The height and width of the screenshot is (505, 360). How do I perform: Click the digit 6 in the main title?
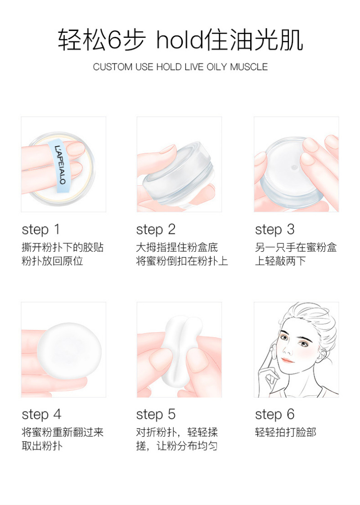pos(114,40)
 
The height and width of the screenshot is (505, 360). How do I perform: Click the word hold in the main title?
pos(180,40)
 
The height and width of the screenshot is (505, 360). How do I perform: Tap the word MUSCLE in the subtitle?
pos(249,67)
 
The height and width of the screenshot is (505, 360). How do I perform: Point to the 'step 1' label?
pos(41,230)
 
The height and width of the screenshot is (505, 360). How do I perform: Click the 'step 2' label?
pos(156,230)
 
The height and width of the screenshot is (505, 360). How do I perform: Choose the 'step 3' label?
pos(275,230)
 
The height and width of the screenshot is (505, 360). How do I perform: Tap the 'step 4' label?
pos(41,415)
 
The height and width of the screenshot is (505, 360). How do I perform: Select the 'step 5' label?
pos(156,415)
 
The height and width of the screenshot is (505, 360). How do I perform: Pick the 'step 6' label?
pos(275,415)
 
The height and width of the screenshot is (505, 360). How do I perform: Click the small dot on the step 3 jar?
pos(294,167)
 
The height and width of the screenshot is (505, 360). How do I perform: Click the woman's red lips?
pos(288,360)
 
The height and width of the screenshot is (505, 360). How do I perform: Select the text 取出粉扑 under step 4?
pos(42,446)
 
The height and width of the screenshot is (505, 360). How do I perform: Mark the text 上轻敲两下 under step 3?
pos(280,261)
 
